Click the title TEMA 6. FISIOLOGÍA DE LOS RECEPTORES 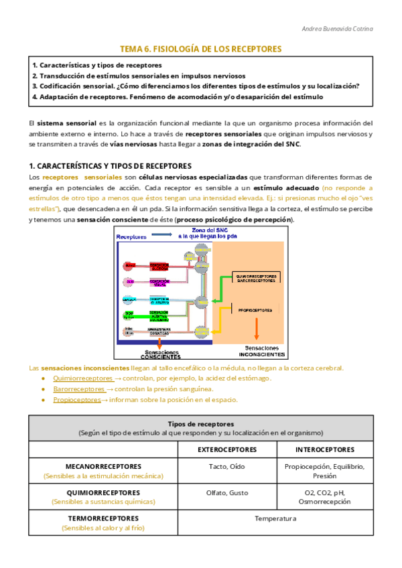pos(200,49)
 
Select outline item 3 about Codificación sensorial pos(196,86)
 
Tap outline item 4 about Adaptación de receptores pos(178,96)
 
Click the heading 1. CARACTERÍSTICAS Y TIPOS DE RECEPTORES pos(110,165)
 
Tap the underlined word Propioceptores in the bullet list pos(76,400)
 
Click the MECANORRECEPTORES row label pos(103,466)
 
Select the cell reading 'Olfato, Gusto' pos(227,492)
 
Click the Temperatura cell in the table pos(275,518)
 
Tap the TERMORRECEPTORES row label pos(103,518)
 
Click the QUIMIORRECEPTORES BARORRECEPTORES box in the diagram pos(256,277)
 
